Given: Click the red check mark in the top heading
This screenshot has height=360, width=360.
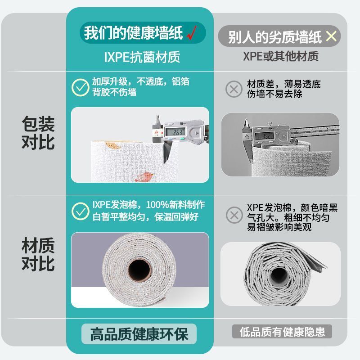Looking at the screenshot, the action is (x=192, y=32).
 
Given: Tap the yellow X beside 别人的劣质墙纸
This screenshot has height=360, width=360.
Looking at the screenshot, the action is (x=331, y=36).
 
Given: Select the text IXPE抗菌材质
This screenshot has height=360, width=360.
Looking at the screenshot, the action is (x=142, y=57).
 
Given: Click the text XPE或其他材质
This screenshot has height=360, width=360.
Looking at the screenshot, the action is (x=280, y=56).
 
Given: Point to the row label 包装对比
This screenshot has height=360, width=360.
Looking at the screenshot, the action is (x=38, y=133).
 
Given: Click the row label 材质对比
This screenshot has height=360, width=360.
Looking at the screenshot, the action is (x=38, y=254).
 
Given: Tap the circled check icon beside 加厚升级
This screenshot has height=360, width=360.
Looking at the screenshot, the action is (x=80, y=87).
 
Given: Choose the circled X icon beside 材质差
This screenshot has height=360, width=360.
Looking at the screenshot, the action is (x=234, y=89).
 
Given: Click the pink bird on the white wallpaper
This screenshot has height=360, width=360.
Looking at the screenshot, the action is (x=144, y=177).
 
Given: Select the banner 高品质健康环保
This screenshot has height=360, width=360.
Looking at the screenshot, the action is (x=139, y=334).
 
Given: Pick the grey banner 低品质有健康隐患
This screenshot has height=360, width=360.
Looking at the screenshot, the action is (x=282, y=332).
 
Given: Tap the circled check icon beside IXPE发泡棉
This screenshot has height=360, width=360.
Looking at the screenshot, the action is (x=81, y=211).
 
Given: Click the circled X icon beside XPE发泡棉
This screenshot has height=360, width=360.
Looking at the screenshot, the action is (x=234, y=215).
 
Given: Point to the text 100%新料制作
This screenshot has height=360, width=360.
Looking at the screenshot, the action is (x=175, y=205).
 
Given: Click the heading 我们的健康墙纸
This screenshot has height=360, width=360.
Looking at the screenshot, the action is (x=133, y=32).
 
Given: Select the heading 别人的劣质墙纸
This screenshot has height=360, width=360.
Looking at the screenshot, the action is (x=275, y=37).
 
